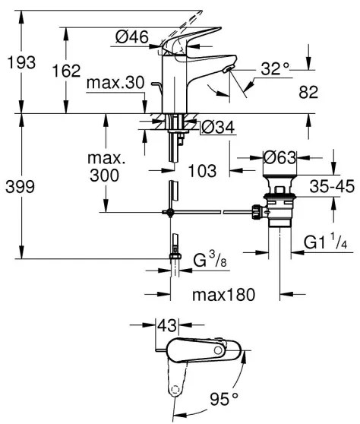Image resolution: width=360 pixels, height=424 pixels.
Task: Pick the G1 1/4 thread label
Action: [x=325, y=243]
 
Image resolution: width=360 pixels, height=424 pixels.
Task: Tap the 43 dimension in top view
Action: [x=166, y=324]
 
